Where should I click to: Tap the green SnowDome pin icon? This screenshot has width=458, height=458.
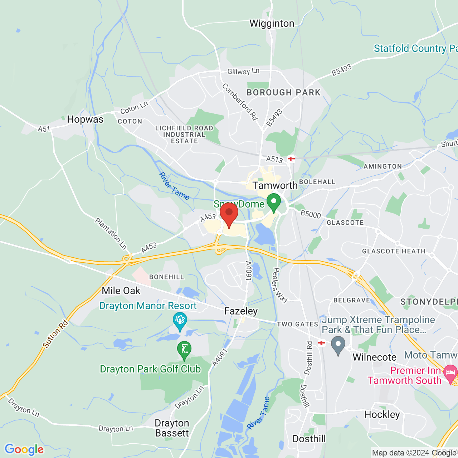click(x=274, y=202)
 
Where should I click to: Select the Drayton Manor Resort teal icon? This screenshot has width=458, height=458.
click(x=180, y=321)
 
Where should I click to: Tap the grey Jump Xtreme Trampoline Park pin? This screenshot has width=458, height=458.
click(x=338, y=346)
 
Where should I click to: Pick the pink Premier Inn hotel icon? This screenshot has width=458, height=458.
click(x=450, y=374)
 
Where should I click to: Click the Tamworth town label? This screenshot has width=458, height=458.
click(x=275, y=185)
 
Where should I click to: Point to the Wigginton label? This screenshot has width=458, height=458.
click(x=272, y=24)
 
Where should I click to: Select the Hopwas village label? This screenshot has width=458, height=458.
click(x=85, y=120)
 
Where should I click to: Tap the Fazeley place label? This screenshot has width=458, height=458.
click(x=241, y=311)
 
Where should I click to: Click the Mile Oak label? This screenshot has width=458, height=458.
click(x=121, y=291)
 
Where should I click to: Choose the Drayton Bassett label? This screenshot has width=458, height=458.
click(x=172, y=428)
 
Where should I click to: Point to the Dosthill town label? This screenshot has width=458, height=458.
click(x=309, y=439)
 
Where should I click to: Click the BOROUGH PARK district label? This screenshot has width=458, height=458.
click(x=284, y=93)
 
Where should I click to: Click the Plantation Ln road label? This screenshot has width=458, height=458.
click(x=111, y=233)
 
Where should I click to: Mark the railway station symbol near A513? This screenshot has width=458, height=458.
click(x=291, y=159)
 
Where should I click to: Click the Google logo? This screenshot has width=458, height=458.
click(x=24, y=449)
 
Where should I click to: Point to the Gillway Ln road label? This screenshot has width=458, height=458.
click(x=243, y=71)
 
